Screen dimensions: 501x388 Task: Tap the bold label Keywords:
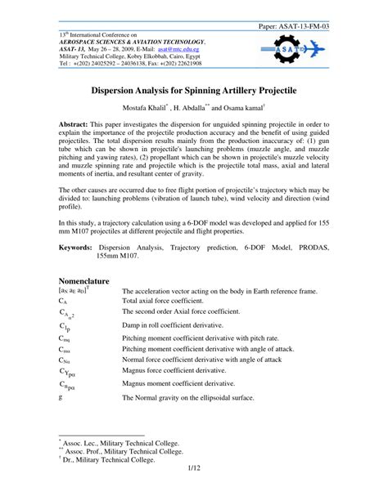[70, 246]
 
